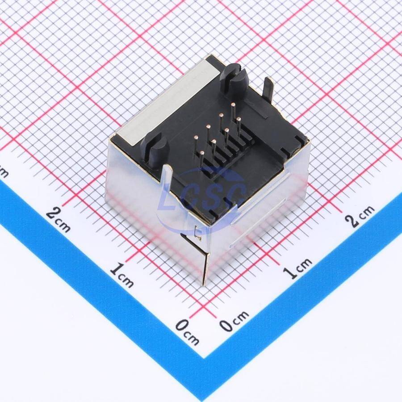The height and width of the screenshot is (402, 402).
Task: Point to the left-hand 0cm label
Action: [188, 332]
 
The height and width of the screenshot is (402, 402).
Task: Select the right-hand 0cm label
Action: [234, 321]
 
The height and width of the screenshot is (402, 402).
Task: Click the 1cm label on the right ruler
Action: [298, 268]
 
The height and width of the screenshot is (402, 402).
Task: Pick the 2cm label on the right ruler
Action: [360, 216]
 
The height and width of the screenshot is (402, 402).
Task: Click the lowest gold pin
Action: [202, 159]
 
